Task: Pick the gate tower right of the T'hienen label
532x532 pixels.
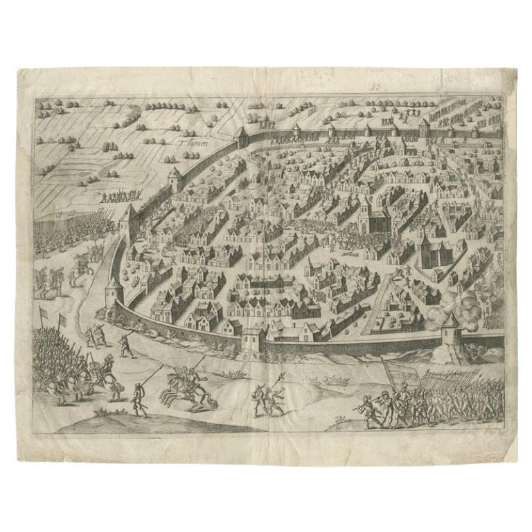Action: pyautogui.click(x=242, y=136)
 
